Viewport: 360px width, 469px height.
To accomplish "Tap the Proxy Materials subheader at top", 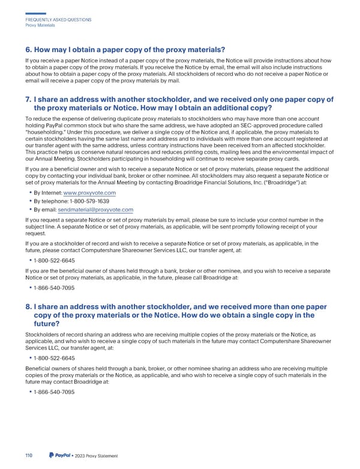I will click(40, 25).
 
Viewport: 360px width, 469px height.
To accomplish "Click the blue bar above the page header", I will click(36, 13).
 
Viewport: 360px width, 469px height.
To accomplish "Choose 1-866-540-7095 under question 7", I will click(55, 288).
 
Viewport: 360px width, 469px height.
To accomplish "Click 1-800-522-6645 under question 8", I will click(55, 358).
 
